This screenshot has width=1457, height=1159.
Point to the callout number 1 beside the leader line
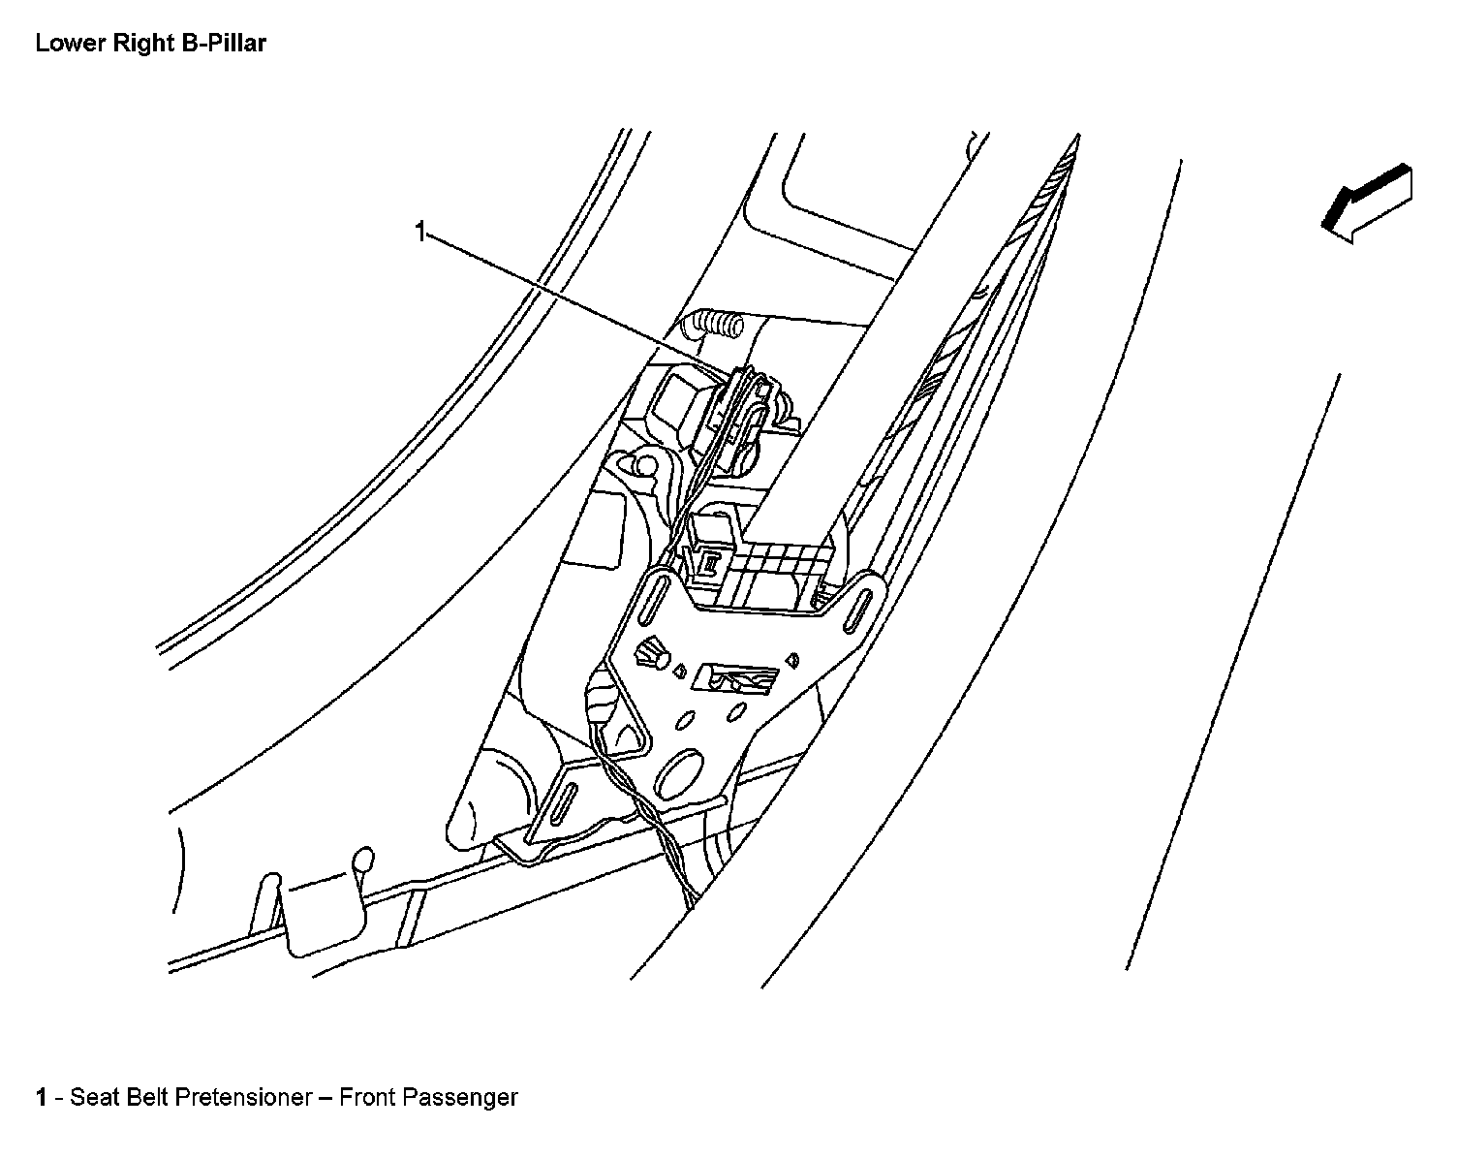tap(419, 232)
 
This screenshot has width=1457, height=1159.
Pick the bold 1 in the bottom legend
tap(41, 1098)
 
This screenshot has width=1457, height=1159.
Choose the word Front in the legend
tap(366, 1098)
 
